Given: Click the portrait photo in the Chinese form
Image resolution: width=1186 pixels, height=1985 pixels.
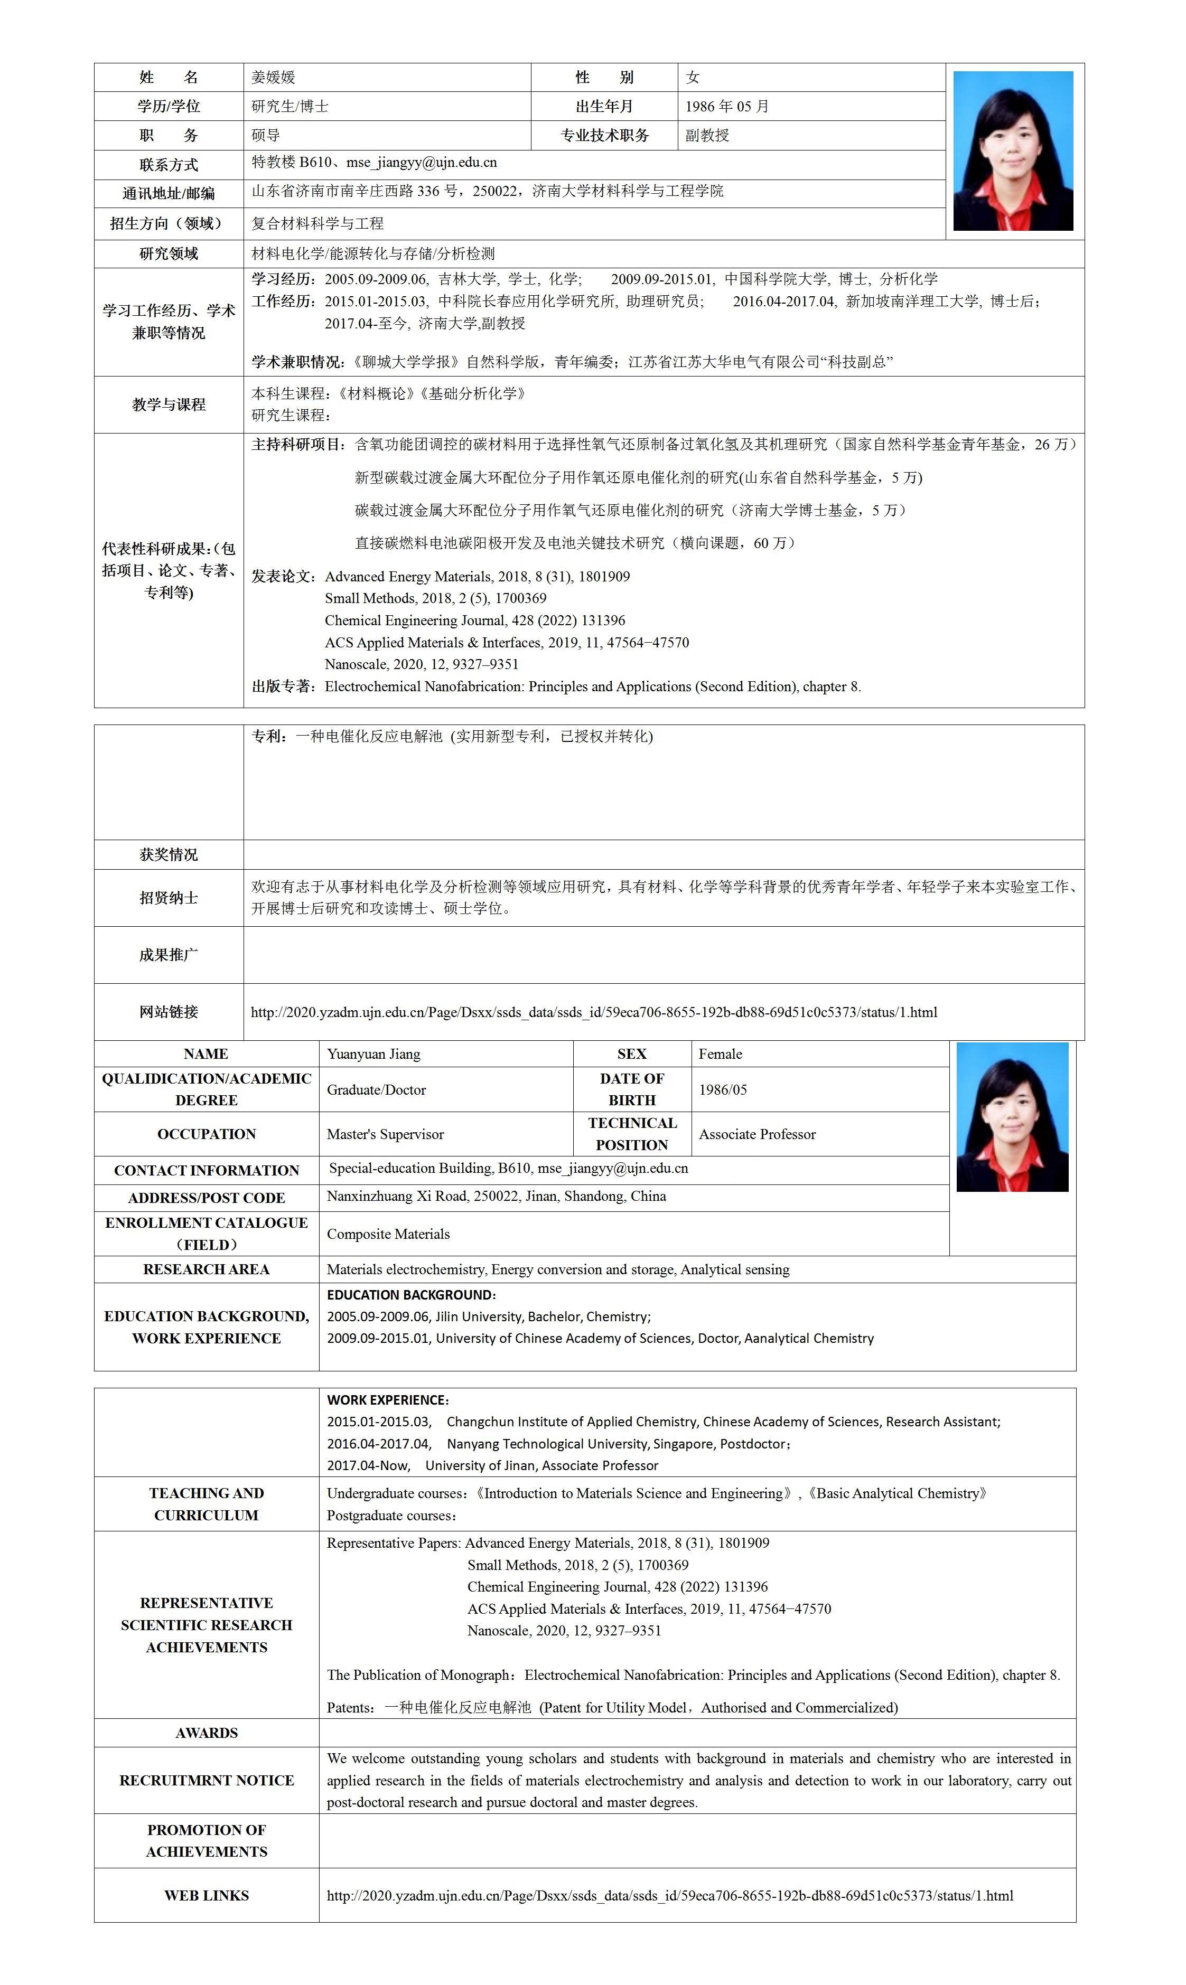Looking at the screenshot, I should pyautogui.click(x=1013, y=151).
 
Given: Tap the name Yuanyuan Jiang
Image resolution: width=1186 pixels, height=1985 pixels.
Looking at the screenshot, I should pyautogui.click(x=373, y=1053).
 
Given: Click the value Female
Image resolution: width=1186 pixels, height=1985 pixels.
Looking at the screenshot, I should pyautogui.click(x=720, y=1053).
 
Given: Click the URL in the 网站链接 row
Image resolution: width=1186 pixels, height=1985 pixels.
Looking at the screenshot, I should pyautogui.click(x=594, y=1012).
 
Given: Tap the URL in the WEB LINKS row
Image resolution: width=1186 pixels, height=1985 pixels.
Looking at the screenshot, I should pyautogui.click(x=670, y=1896).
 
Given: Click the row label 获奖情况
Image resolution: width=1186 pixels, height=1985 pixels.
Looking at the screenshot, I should pyautogui.click(x=169, y=855).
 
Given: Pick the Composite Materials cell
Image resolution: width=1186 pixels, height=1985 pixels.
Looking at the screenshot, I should pyautogui.click(x=388, y=1234).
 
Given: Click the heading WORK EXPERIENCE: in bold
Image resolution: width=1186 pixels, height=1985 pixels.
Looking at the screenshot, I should pyautogui.click(x=388, y=1399).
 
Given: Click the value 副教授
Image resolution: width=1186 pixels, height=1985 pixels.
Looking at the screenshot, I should pyautogui.click(x=707, y=136).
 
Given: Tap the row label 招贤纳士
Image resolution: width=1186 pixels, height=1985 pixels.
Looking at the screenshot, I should pyautogui.click(x=169, y=898).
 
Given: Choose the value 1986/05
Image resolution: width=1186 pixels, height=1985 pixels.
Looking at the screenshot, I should pyautogui.click(x=723, y=1089).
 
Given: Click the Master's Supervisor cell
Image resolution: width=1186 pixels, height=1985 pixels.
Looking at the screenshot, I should pyautogui.click(x=385, y=1134).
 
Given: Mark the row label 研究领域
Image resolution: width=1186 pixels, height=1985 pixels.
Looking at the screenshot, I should pyautogui.click(x=169, y=254).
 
